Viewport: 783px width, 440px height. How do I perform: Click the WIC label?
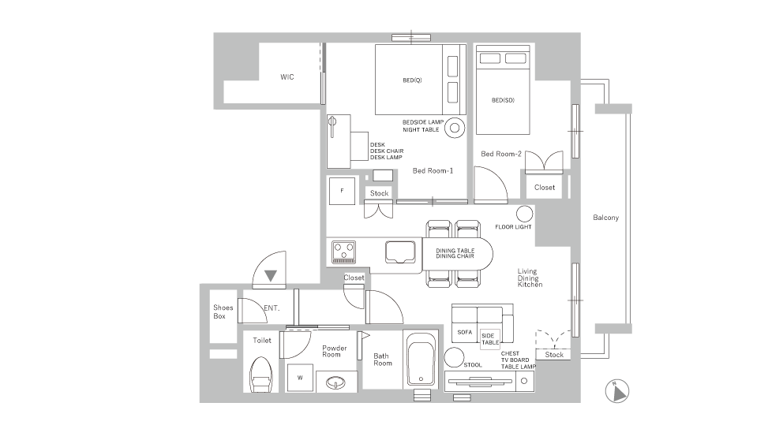tap(287, 76)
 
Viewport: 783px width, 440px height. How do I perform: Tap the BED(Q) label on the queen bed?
tap(412, 80)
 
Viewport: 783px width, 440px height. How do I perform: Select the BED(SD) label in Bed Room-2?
tap(503, 100)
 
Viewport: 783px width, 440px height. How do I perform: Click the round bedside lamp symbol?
tap(455, 128)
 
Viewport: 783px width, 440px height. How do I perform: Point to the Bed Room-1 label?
tap(433, 170)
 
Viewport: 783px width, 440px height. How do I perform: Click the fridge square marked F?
tap(342, 191)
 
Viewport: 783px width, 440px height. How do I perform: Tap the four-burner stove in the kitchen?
tap(344, 252)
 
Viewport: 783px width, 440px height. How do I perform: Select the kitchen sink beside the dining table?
tap(400, 252)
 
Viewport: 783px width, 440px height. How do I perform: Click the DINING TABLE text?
tap(455, 251)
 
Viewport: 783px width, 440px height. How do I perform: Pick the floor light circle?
tap(524, 214)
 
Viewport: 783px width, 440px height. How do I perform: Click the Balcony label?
tap(605, 218)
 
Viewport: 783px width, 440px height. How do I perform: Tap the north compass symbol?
tap(617, 391)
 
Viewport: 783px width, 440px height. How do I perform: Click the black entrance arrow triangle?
tap(271, 275)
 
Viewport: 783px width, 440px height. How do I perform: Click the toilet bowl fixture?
tap(260, 375)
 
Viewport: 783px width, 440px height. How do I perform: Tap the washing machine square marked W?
tap(300, 378)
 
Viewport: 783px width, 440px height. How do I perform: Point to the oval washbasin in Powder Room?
tap(335, 382)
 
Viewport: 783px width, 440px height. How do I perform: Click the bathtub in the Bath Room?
tap(421, 360)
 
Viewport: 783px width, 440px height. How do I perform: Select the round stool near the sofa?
tap(454, 357)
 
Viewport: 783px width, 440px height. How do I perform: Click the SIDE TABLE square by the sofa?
tap(490, 339)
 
